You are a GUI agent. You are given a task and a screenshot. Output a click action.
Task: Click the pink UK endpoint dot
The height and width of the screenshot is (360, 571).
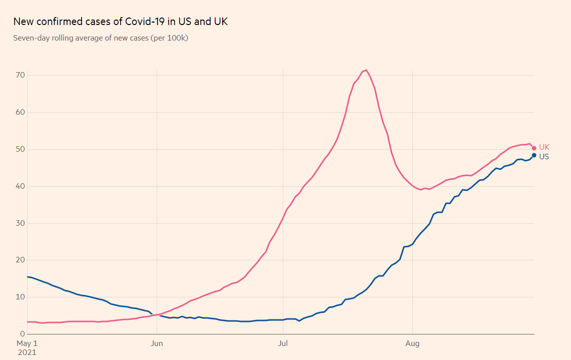534,148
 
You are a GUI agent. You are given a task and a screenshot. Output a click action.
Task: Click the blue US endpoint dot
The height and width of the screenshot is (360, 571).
534,155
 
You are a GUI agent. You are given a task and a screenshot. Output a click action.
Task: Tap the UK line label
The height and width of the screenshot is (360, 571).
544,147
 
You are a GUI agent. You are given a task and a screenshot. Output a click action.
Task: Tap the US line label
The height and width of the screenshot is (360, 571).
544,156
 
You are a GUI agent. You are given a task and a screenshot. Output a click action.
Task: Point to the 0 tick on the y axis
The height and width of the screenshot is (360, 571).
22,334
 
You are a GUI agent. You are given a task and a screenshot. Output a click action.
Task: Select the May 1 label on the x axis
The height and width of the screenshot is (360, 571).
27,343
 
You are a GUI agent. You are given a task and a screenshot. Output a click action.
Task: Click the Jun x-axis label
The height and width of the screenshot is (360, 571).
157,343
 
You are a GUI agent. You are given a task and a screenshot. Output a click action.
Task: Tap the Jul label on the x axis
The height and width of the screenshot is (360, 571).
283,343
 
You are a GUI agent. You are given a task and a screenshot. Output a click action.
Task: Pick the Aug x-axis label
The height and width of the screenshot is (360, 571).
412,343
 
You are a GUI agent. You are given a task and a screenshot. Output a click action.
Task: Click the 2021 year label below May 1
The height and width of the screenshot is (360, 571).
27,352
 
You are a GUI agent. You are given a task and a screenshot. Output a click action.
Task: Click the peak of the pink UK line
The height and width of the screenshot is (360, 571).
366,70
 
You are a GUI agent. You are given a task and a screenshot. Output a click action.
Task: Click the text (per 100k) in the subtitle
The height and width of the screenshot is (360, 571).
169,38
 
